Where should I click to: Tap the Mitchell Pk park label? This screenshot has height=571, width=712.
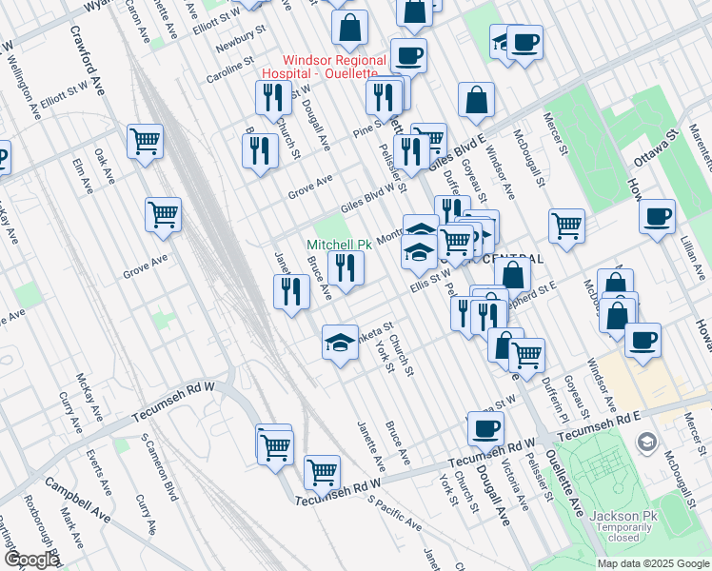pyautogui.click(x=339, y=245)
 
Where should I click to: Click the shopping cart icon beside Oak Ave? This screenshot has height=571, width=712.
pyautogui.click(x=145, y=143)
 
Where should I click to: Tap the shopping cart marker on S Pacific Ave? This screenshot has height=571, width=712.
pyautogui.click(x=322, y=471)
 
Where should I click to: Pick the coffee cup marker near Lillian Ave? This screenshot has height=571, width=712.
pyautogui.click(x=656, y=218)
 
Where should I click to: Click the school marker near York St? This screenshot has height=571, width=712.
pyautogui.click(x=340, y=342)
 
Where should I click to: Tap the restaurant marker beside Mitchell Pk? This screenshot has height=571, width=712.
pyautogui.click(x=346, y=267)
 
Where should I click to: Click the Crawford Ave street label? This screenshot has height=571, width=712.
pyautogui.click(x=85, y=44)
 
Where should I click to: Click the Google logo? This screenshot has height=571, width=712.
pyautogui.click(x=31, y=559)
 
